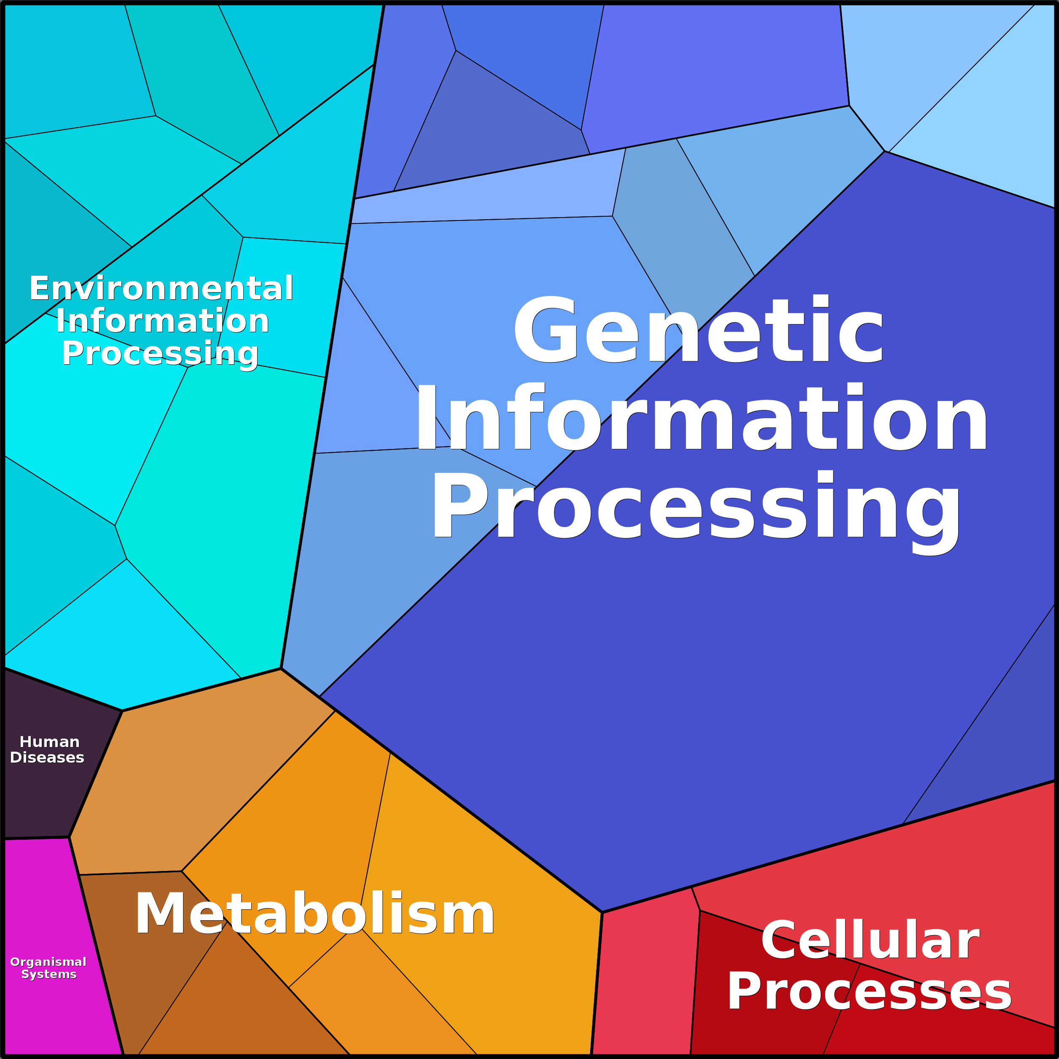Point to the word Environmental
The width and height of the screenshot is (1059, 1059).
(x=161, y=288)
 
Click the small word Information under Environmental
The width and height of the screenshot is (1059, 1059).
(x=162, y=321)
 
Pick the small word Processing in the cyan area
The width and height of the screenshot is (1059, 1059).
(x=160, y=354)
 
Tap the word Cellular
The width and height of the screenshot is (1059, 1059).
(x=870, y=941)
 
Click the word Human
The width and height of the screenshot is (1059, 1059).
(x=49, y=742)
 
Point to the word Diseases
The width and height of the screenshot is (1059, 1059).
(x=47, y=758)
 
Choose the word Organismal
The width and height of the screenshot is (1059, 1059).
(x=48, y=962)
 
